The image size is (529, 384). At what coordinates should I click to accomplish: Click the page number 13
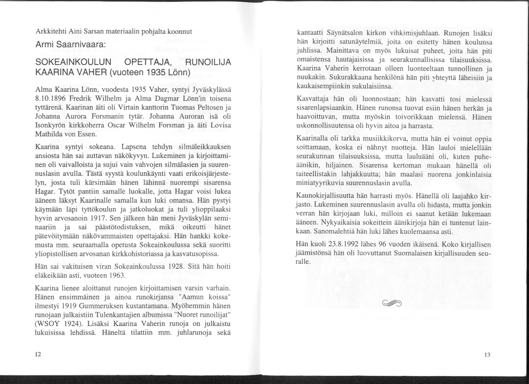[487, 354]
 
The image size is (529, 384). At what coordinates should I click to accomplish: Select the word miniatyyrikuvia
[317, 183]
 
